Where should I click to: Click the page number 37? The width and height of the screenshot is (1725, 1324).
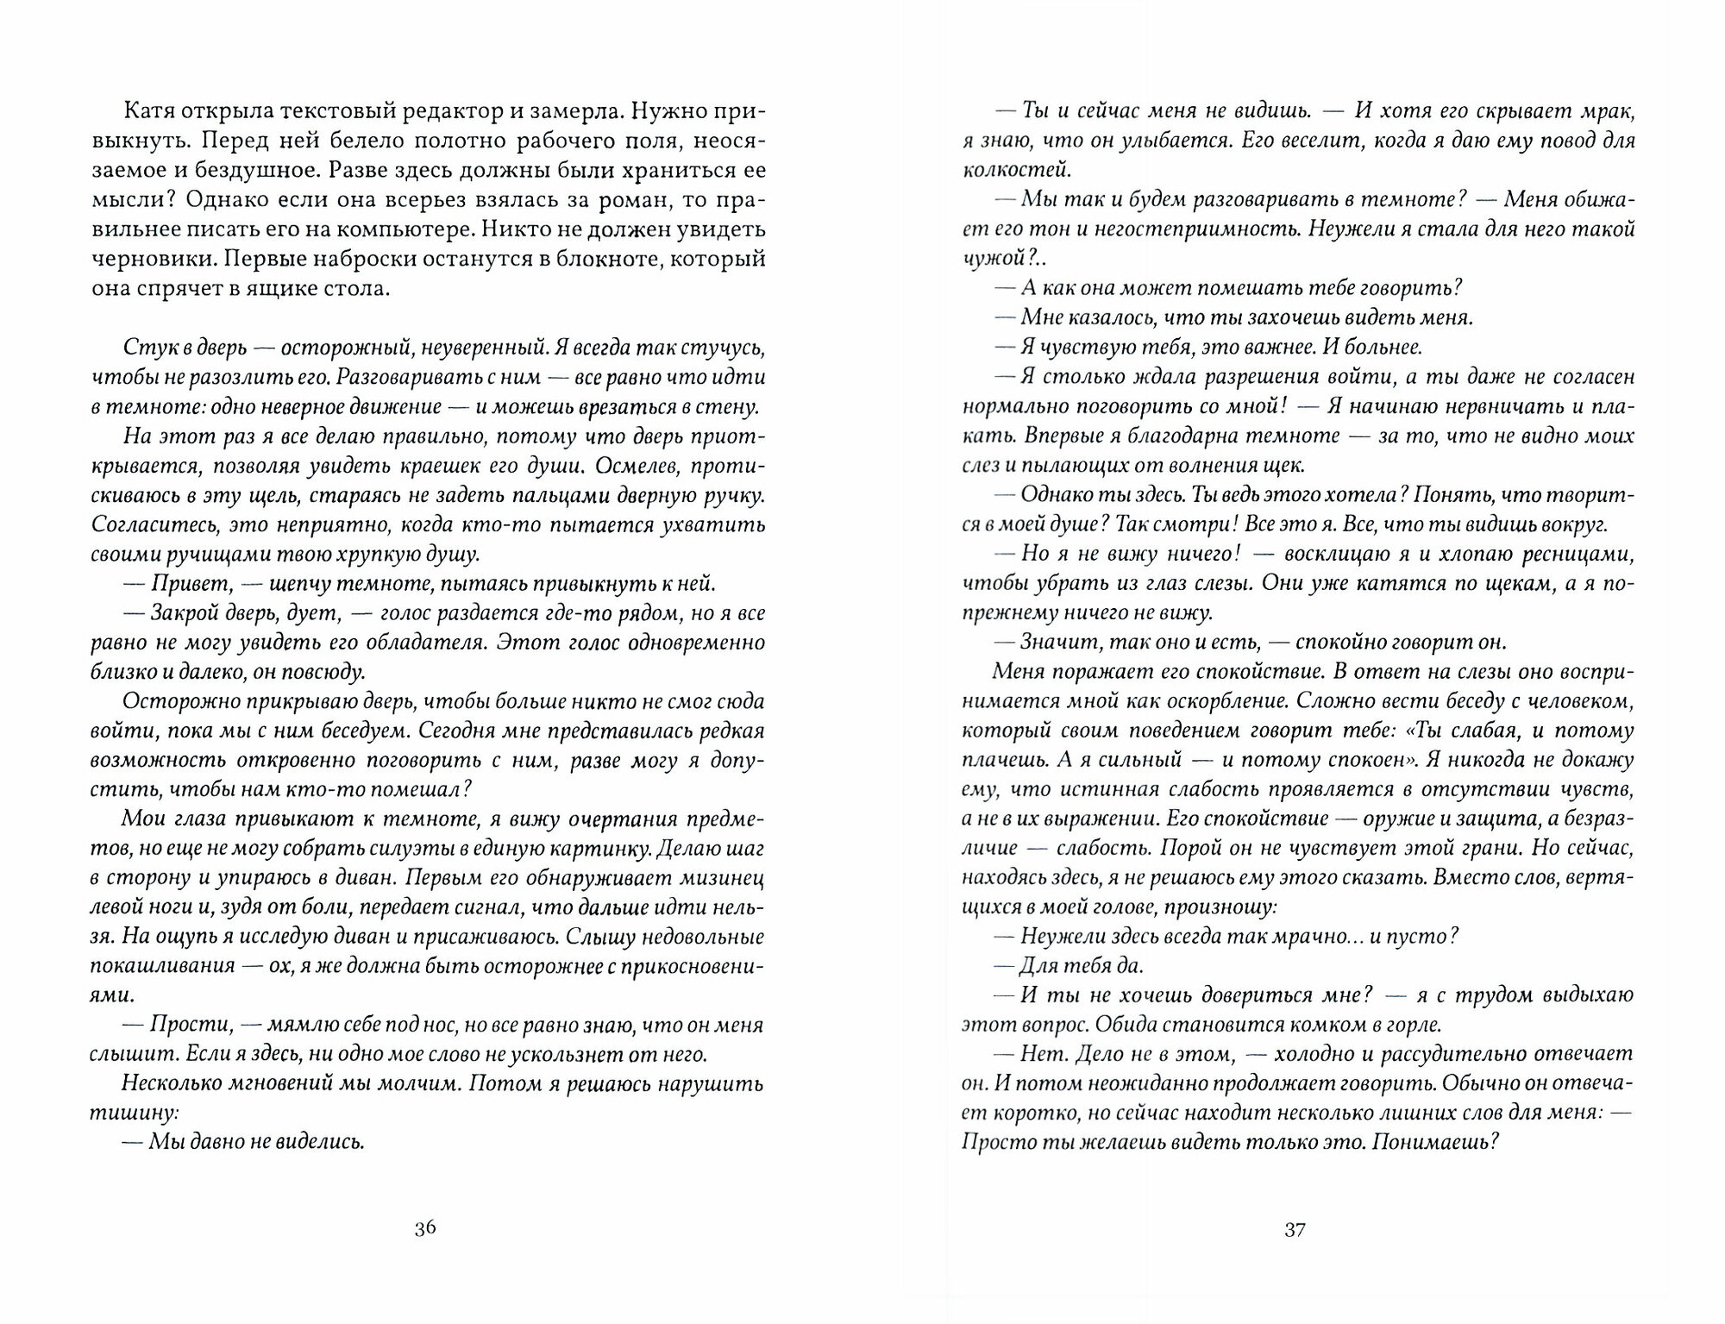pos(1295,1230)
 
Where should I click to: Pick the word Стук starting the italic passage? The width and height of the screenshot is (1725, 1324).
pos(149,348)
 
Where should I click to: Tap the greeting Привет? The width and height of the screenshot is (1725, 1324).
pos(192,583)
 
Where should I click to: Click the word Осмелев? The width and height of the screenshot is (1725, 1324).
pos(605,466)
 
